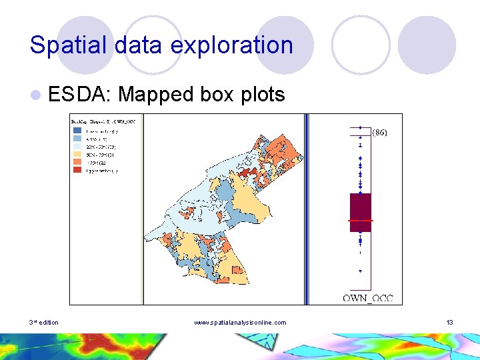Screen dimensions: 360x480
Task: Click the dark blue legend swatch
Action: tap(77, 131)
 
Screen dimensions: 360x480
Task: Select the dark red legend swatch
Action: tap(77, 171)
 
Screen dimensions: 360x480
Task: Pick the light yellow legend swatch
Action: tap(77, 155)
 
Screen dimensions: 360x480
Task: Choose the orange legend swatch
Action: tap(77, 163)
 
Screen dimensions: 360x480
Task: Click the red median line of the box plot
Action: tap(360, 220)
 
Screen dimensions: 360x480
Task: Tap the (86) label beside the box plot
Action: tap(379, 132)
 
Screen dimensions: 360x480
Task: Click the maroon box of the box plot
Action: tap(360, 207)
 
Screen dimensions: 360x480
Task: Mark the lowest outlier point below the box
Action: tap(360, 271)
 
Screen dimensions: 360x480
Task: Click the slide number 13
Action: tap(450, 323)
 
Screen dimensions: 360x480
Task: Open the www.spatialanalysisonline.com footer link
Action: tap(240, 323)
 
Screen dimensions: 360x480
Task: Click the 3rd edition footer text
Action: tap(44, 323)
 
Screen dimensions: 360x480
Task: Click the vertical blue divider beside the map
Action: tap(307, 208)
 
